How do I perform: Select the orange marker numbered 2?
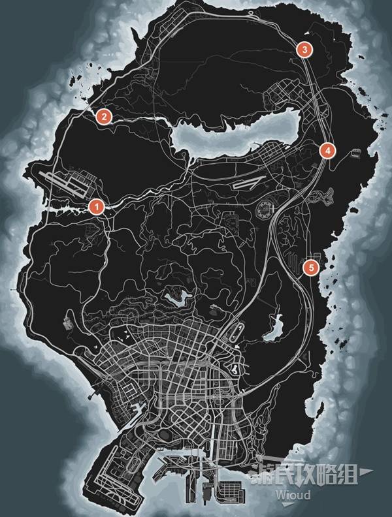click(103, 117)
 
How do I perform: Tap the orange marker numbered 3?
click(304, 49)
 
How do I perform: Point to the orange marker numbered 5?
click(311, 266)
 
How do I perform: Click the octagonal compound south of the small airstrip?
click(266, 209)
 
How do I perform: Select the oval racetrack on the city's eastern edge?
click(231, 334)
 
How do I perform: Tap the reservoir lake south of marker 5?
click(274, 326)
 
